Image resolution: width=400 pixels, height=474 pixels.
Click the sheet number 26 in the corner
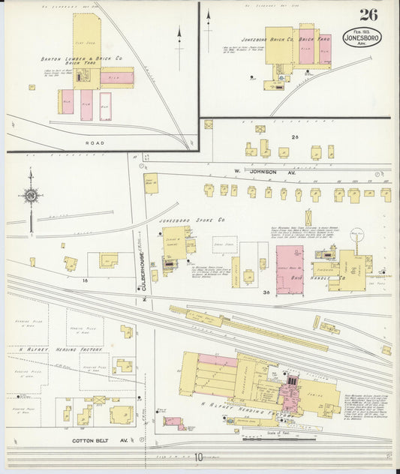point(368,15)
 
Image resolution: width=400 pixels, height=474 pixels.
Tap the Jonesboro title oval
point(361,37)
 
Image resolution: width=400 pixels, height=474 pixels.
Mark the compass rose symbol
point(31,196)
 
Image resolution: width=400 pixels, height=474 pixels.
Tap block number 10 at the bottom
point(200,457)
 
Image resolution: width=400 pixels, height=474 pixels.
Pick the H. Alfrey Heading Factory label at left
point(32,350)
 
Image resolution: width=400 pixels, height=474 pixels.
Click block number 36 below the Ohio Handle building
point(266,294)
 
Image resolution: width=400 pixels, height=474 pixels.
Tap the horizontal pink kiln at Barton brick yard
point(117,77)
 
